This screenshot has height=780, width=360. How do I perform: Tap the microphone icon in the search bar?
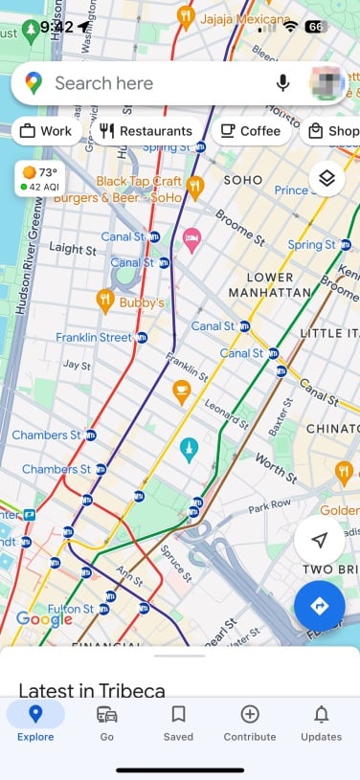tap(282, 83)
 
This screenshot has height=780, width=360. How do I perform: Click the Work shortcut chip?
tap(46, 131)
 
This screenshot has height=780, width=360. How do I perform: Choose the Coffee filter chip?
tap(251, 131)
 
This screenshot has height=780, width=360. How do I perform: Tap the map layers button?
tap(326, 178)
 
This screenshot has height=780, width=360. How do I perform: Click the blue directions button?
tap(320, 606)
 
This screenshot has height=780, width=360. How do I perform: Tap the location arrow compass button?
tap(320, 541)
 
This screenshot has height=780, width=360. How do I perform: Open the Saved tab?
tap(178, 723)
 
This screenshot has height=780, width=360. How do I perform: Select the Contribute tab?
tap(250, 723)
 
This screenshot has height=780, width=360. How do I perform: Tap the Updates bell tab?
tap(321, 723)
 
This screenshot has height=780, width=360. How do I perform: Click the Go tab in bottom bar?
tap(107, 723)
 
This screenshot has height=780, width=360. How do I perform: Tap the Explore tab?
tap(35, 723)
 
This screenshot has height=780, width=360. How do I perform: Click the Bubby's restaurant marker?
tap(106, 301)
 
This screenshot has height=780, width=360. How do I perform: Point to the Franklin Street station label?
tap(94, 338)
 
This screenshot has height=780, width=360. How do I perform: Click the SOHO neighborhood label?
tap(242, 180)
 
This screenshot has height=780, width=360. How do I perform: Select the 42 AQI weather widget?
tap(37, 179)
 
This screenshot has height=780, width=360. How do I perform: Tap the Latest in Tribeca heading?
tap(92, 690)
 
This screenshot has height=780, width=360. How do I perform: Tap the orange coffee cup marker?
tap(180, 390)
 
